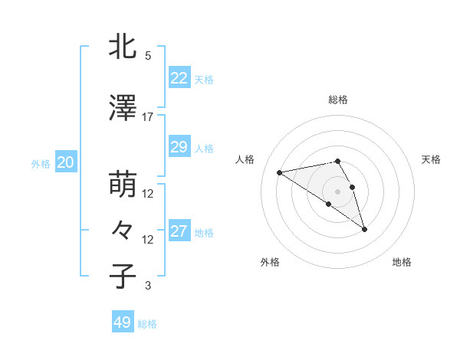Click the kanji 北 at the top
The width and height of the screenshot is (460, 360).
[123, 47]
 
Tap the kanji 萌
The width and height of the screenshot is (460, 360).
[123, 185]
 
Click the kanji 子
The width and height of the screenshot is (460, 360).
[123, 277]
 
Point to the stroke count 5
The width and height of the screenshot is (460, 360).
[148, 56]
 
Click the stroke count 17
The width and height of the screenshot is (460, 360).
[148, 117]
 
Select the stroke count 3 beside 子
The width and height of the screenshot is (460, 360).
[148, 286]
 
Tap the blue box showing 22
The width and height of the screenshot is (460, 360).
[179, 78]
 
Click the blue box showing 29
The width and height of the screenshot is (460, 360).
[179, 147]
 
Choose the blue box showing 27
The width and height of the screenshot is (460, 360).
[179, 231]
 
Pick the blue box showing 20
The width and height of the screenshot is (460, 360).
[65, 162]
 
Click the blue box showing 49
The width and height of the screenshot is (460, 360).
[122, 322]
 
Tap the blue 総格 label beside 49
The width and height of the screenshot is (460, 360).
[147, 324]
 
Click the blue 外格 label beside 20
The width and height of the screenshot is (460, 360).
[40, 163]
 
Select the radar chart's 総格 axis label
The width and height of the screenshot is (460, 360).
[337, 100]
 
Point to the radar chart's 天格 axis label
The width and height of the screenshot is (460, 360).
[432, 159]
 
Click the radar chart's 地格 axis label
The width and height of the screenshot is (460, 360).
[402, 262]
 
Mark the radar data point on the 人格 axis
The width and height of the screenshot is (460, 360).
[280, 172]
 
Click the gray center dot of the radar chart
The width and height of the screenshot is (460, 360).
[337, 191]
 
